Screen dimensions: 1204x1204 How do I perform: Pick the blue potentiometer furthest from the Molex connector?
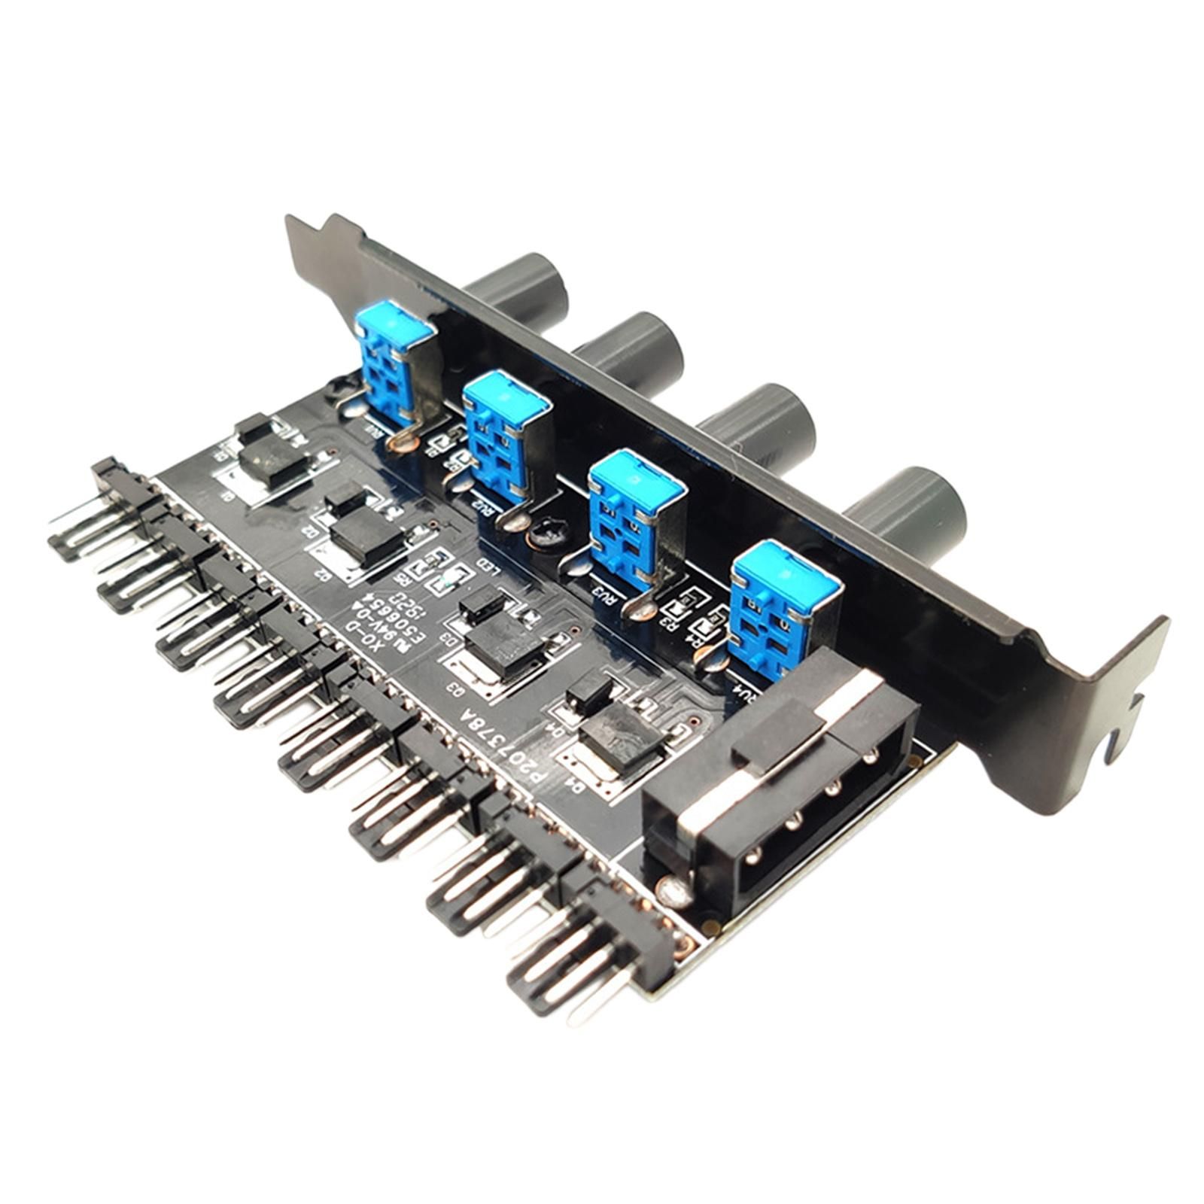click(394, 354)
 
